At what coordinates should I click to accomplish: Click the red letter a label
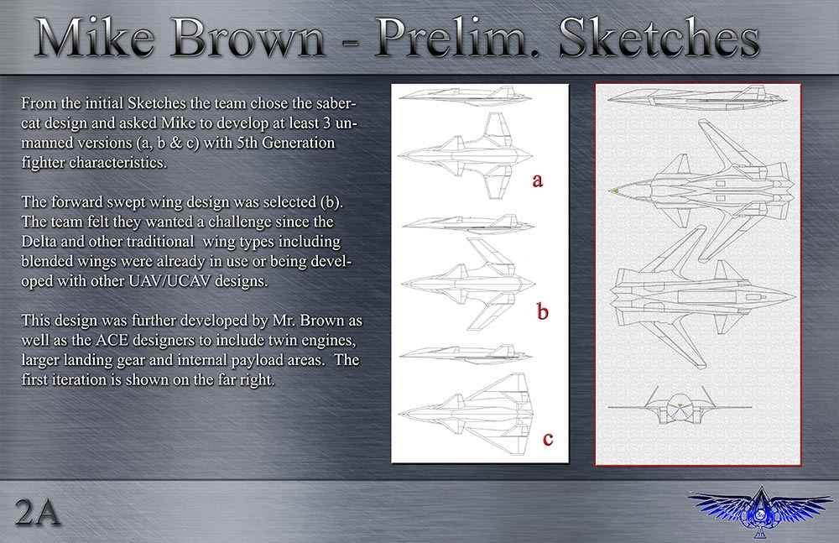pyautogui.click(x=537, y=180)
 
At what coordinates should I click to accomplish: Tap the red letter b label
pyautogui.click(x=543, y=311)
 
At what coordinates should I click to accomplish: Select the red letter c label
pyautogui.click(x=547, y=439)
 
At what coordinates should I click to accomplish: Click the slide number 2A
pyautogui.click(x=38, y=512)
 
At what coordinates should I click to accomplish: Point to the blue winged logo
pyautogui.click(x=760, y=511)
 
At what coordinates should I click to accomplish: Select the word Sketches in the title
pyautogui.click(x=659, y=39)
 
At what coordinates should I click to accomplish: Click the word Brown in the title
pyautogui.click(x=249, y=39)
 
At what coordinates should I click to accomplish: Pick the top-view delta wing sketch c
pyautogui.click(x=466, y=415)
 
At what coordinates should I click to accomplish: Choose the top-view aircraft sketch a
pyautogui.click(x=466, y=155)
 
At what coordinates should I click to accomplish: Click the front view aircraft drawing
pyautogui.click(x=680, y=406)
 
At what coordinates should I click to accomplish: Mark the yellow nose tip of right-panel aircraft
pyautogui.click(x=616, y=191)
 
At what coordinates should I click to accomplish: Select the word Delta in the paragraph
pyautogui.click(x=38, y=242)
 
